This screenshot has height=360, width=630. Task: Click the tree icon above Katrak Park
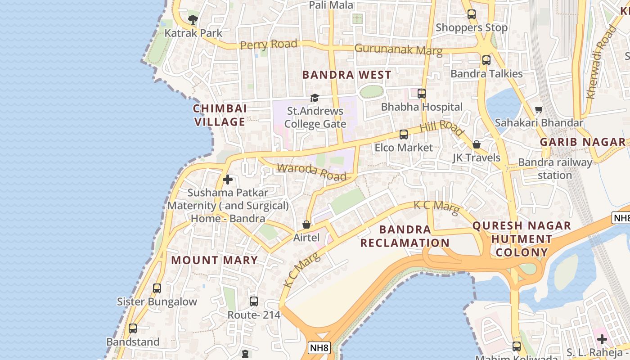pyautogui.click(x=193, y=19)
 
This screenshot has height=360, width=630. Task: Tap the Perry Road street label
pyautogui.click(x=269, y=45)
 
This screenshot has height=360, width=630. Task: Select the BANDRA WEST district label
pyautogui.click(x=346, y=75)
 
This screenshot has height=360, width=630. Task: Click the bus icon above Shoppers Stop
pyautogui.click(x=471, y=14)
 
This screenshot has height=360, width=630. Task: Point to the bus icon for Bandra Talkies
pyautogui.click(x=486, y=60)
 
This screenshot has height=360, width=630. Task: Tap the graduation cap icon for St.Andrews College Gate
pyautogui.click(x=315, y=98)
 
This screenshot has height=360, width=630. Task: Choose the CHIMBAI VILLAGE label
pyautogui.click(x=220, y=115)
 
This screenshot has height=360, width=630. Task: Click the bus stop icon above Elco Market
pyautogui.click(x=404, y=135)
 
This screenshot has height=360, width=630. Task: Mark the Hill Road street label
pyautogui.click(x=441, y=127)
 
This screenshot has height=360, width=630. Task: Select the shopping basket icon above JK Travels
pyautogui.click(x=477, y=144)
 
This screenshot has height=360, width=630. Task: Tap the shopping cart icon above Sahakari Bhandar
pyautogui.click(x=539, y=109)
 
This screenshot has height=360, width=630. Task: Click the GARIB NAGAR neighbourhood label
pyautogui.click(x=583, y=142)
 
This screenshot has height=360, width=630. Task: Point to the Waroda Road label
pyautogui.click(x=311, y=171)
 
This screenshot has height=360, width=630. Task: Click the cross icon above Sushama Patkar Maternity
pyautogui.click(x=228, y=180)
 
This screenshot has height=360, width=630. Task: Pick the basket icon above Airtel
pyautogui.click(x=306, y=224)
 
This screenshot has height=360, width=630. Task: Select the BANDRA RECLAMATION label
pyautogui.click(x=405, y=236)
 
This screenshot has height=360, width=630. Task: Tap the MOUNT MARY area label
pyautogui.click(x=214, y=260)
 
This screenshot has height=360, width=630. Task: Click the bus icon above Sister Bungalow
pyautogui.click(x=157, y=288)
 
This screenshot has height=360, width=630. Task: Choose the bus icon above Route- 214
pyautogui.click(x=254, y=301)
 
